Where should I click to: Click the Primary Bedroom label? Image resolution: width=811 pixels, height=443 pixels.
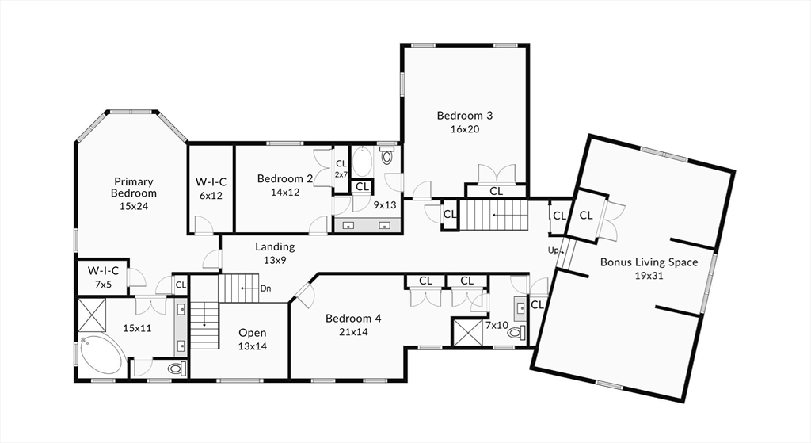point(133,187)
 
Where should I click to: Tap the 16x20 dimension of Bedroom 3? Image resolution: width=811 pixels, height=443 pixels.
point(464,129)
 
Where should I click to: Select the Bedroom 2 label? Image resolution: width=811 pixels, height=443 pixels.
point(285,179)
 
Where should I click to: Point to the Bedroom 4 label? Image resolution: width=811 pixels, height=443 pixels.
point(353,319)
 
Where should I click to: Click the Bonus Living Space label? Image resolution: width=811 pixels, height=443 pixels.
point(649,262)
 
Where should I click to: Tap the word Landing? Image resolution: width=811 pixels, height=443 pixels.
point(275,247)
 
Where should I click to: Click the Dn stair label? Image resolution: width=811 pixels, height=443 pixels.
point(265,288)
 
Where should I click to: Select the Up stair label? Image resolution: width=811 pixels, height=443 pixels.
point(554,251)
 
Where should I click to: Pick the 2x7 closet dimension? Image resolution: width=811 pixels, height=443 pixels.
point(341,175)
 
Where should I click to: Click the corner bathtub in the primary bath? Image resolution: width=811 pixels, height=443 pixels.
point(101,356)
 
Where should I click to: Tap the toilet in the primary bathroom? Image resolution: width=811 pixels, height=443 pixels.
point(177,369)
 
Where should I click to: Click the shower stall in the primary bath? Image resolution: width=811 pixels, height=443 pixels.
point(92,315)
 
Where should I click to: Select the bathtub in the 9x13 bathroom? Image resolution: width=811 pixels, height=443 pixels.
point(362,162)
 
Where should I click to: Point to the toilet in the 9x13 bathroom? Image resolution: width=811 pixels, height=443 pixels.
point(386,155)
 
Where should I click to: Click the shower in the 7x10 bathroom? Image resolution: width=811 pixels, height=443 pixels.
point(467,332)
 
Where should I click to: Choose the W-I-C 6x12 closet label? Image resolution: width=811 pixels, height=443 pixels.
point(211,189)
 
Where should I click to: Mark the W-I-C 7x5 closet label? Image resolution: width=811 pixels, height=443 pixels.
point(103,277)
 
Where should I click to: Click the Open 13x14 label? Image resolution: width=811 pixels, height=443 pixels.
point(253,339)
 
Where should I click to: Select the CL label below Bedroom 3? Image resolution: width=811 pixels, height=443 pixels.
point(496,191)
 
